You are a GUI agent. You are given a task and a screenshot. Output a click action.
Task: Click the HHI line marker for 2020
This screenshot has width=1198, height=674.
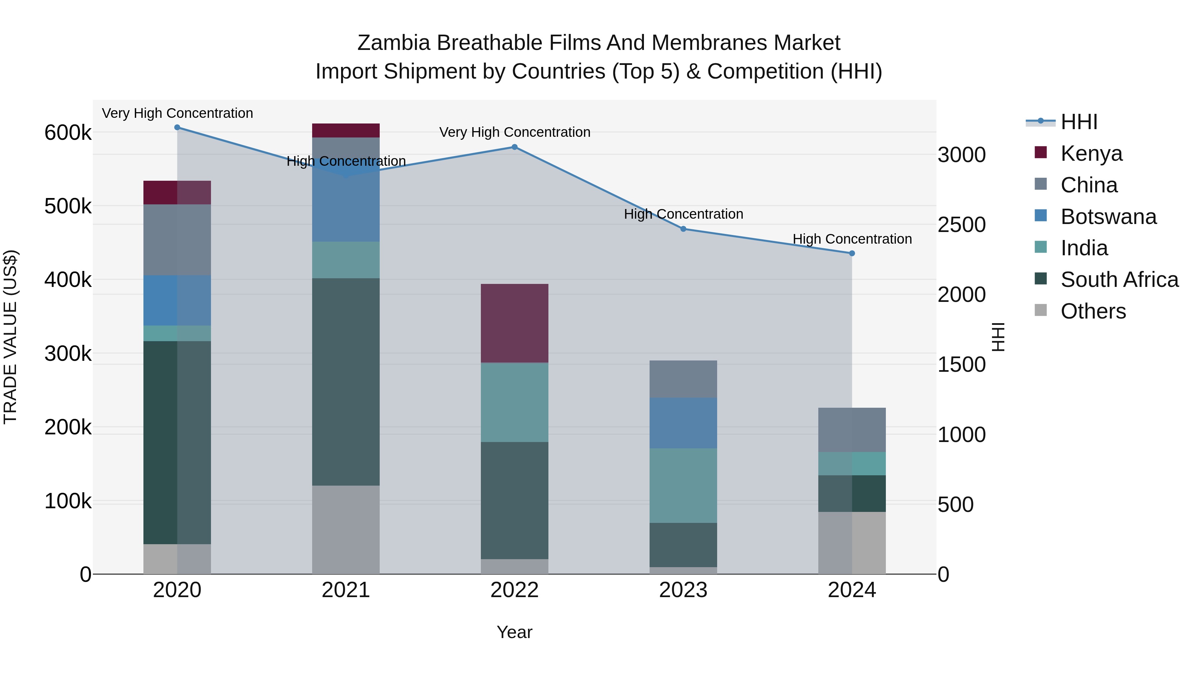[177, 127]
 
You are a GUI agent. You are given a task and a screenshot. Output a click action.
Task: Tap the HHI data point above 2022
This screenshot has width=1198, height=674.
[514, 147]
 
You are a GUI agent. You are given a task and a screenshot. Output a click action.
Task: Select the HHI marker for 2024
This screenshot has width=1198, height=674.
[852, 254]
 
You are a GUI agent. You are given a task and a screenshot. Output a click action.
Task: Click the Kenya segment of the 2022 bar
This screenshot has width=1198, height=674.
[514, 323]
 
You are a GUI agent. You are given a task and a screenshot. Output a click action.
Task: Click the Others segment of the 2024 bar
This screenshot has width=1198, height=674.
[852, 543]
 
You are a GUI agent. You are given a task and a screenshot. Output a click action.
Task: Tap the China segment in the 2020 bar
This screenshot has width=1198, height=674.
[177, 240]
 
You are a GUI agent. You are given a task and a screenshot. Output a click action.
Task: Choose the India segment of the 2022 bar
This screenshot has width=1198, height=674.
[514, 402]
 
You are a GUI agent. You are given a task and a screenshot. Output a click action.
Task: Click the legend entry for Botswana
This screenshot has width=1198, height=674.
[1108, 217]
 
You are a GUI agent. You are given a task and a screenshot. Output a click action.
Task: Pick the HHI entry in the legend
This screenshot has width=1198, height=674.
[1079, 122]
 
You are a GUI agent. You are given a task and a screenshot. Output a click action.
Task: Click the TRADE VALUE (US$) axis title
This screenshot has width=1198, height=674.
[10, 337]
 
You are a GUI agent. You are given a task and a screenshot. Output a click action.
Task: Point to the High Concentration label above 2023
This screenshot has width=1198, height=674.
[683, 214]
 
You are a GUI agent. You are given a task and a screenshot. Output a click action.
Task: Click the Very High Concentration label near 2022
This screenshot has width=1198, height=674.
[514, 132]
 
